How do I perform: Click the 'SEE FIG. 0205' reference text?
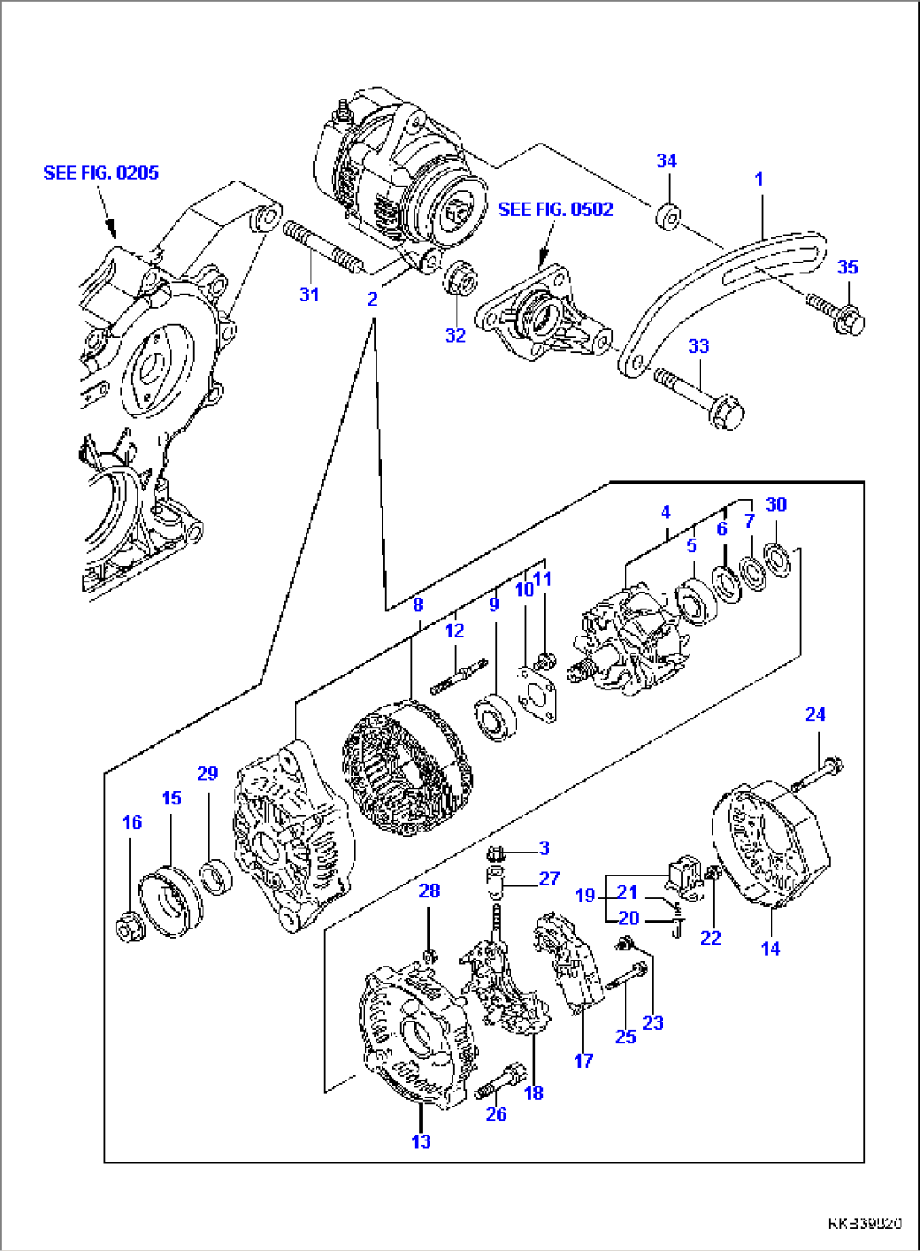[x=100, y=173]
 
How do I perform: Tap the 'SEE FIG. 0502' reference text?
[x=555, y=209]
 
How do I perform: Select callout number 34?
[x=667, y=160]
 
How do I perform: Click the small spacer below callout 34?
[x=668, y=216]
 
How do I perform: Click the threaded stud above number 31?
[x=323, y=246]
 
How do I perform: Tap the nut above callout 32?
[x=459, y=278]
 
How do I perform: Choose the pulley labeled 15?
[x=171, y=904]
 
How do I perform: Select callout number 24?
[x=814, y=715]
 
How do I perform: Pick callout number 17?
[x=584, y=1061]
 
